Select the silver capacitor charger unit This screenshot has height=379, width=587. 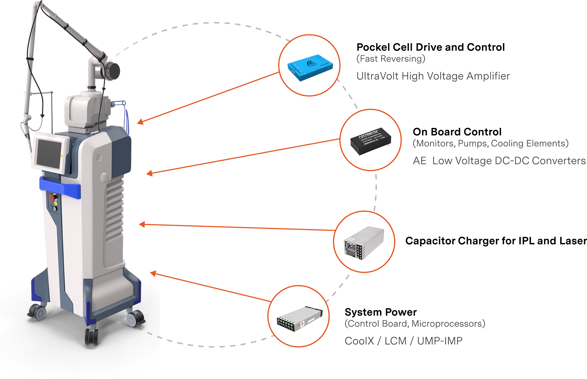[364, 243]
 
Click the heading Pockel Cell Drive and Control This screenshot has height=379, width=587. [430, 47]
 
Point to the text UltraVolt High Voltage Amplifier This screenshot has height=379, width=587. [433, 76]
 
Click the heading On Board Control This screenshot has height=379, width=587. [457, 132]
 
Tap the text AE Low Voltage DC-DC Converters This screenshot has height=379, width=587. [499, 161]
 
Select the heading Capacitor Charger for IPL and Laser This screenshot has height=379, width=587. [495, 241]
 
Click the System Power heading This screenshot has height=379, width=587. [380, 312]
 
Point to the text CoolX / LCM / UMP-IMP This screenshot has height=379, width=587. [403, 341]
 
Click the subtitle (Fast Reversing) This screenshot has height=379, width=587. [391, 59]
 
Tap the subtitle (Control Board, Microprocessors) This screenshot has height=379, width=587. [415, 324]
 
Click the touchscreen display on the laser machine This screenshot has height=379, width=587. [49, 153]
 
